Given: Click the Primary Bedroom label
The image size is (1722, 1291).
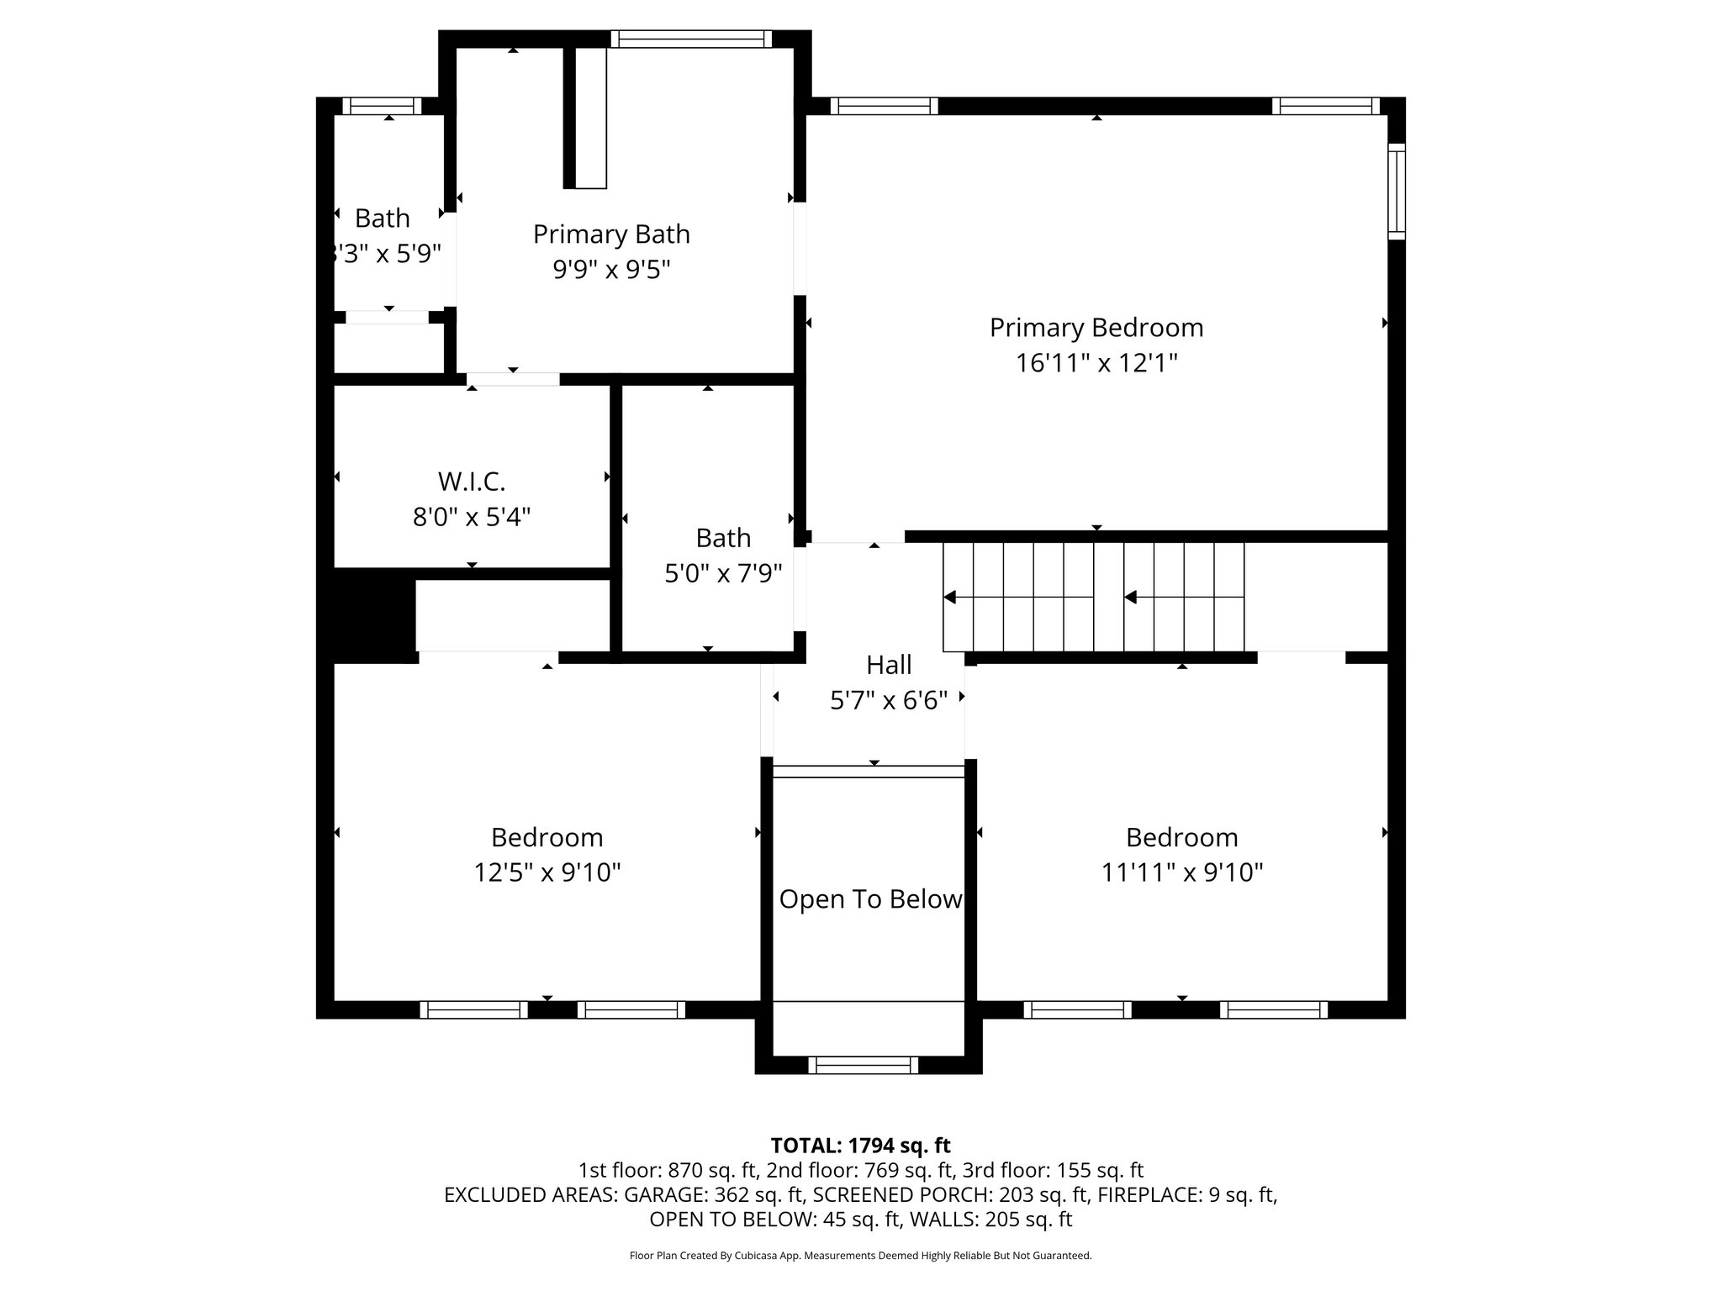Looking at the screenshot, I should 1096,328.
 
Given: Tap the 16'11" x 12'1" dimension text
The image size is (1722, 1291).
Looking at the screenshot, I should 1096,363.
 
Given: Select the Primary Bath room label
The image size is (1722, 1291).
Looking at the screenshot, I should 611,234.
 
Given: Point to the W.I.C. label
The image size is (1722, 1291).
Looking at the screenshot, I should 471,482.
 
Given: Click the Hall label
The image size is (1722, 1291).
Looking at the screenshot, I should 889,665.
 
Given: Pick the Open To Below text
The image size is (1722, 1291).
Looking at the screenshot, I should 869,899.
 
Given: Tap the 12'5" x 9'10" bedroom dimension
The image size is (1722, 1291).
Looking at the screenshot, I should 547,872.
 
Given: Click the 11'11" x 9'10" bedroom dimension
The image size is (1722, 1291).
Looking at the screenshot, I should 1181,872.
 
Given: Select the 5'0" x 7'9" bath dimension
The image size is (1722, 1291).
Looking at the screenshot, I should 723,573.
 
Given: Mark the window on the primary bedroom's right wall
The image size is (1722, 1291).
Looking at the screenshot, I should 1396,191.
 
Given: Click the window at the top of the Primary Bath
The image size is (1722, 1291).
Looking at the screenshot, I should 690,39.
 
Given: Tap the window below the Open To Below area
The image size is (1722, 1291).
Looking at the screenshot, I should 864,1065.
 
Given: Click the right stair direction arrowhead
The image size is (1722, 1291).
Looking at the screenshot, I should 1131,598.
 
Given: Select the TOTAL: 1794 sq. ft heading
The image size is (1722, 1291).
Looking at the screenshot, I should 860,1146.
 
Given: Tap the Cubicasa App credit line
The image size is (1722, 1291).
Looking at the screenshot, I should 860,1256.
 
